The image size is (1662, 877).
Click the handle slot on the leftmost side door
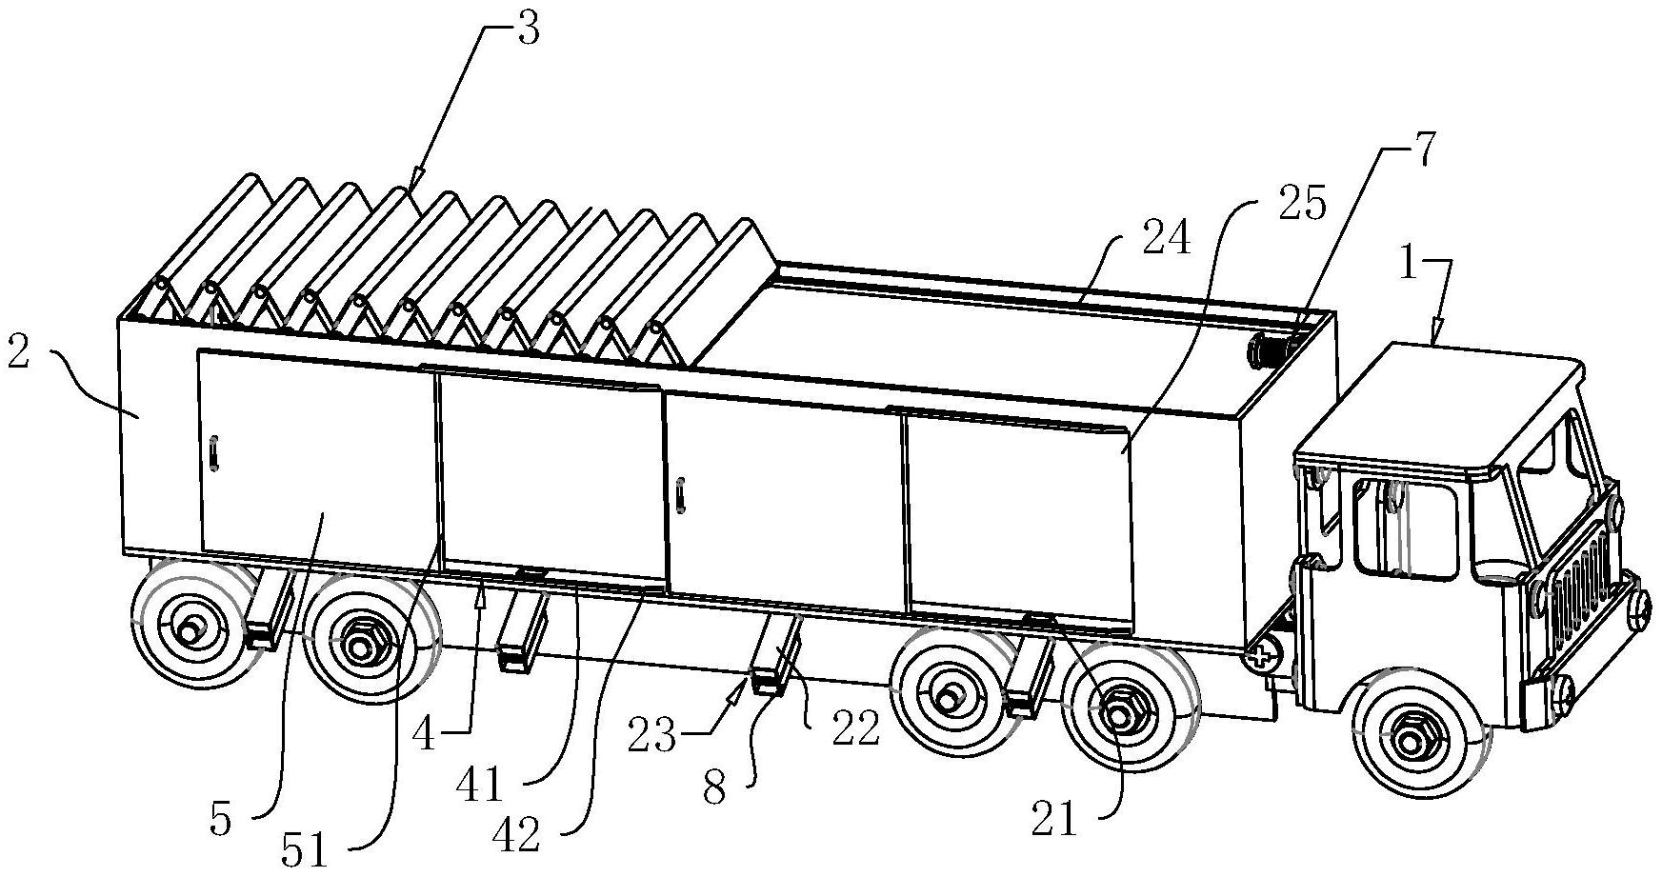tap(215, 452)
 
